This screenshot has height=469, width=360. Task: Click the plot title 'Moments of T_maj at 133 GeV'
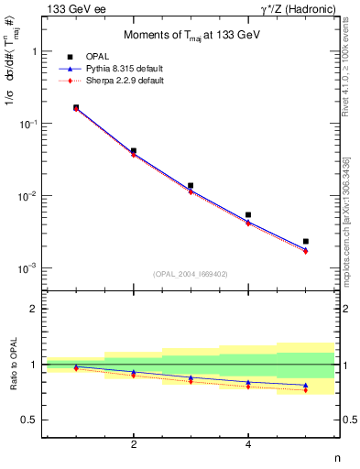(191, 36)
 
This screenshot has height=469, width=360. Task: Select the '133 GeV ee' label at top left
(71, 8)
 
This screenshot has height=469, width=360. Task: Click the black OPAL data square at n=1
(76, 107)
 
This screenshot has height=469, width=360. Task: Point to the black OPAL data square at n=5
(306, 242)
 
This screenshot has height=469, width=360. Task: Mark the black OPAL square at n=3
(191, 186)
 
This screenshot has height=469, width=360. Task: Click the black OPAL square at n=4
(248, 215)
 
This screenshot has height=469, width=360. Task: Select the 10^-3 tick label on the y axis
(29, 268)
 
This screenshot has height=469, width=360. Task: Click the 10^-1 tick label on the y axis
(29, 124)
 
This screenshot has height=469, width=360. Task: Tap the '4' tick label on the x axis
(248, 444)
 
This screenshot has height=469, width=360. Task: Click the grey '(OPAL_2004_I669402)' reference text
(191, 274)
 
